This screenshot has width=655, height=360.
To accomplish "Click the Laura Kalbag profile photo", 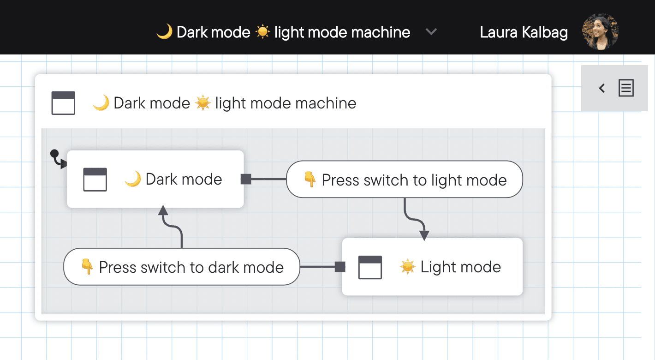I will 601,31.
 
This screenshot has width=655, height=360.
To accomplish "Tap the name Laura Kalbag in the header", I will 524,32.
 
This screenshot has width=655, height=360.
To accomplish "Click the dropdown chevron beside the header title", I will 431,32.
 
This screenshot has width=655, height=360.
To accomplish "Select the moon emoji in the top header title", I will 164,32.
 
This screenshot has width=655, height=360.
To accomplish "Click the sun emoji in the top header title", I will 262,32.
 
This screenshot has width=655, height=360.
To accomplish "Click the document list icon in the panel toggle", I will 626,88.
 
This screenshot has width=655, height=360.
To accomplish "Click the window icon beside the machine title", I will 63,103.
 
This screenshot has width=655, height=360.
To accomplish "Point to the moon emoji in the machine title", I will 101,103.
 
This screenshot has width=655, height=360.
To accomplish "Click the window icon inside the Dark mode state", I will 95,180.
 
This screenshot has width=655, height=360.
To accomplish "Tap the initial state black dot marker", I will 54,153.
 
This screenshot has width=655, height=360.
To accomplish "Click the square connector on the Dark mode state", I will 246,179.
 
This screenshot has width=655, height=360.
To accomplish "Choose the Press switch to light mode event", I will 405,180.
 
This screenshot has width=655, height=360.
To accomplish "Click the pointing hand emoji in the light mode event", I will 310,180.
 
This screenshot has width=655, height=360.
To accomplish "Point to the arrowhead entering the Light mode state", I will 424,235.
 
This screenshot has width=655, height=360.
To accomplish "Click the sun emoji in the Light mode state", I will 407,267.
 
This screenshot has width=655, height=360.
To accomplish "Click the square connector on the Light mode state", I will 340,267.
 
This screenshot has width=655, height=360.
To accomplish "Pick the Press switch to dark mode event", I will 182,267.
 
